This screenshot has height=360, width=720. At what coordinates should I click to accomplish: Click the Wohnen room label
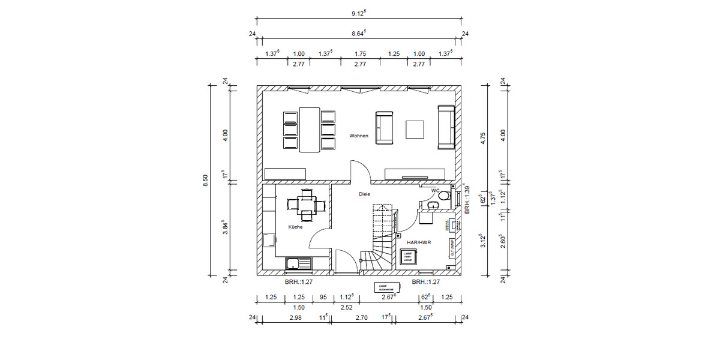pyautogui.click(x=359, y=136)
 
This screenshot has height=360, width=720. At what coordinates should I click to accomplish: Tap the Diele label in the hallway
pyautogui.click(x=364, y=194)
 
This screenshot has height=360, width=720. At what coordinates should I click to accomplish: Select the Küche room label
pyautogui.click(x=295, y=227)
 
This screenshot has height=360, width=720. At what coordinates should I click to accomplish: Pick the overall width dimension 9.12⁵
pyautogui.click(x=359, y=12)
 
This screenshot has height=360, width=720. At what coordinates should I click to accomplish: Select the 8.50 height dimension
pyautogui.click(x=205, y=180)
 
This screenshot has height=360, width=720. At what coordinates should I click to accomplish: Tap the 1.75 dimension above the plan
pyautogui.click(x=361, y=54)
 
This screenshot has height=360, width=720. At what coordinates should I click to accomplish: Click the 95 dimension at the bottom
pyautogui.click(x=323, y=297)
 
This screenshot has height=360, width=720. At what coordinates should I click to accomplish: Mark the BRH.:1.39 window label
pyautogui.click(x=466, y=199)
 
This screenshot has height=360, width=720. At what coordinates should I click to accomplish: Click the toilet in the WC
pyautogui.click(x=443, y=196)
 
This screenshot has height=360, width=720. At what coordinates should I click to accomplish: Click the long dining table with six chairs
pyautogui.click(x=310, y=130)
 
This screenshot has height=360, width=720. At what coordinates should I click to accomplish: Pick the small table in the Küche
pyautogui.click(x=307, y=204)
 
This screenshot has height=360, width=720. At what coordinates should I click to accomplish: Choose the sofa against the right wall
pyautogui.click(x=446, y=127)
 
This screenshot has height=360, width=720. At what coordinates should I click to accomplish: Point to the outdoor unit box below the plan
pyautogui.click(x=383, y=287)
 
